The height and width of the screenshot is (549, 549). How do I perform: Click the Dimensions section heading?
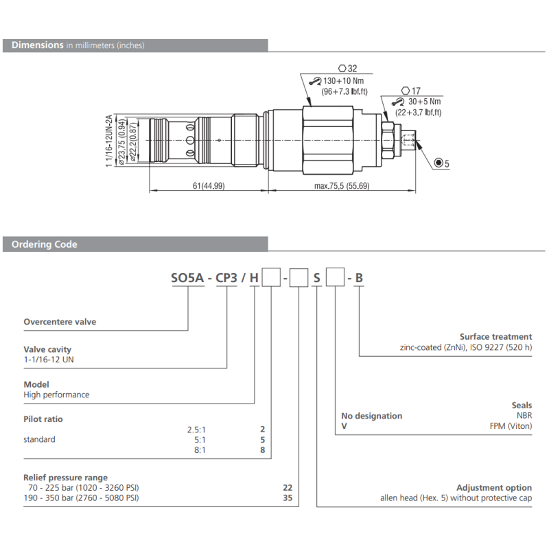coord(38,45)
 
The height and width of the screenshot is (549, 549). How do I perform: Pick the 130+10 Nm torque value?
coord(345,81)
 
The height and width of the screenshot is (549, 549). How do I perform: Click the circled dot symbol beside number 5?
coord(439,163)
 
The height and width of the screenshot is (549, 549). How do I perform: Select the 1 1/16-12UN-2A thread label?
coord(109,140)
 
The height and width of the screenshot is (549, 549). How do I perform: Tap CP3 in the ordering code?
coord(227,278)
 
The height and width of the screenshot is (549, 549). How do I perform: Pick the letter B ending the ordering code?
coord(359,278)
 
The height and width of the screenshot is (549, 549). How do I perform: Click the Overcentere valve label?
coord(60,322)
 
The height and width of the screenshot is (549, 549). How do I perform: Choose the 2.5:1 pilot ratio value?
coord(196,429)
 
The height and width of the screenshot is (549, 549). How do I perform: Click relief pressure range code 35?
coord(288,498)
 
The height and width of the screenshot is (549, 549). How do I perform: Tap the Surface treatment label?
coord(495,337)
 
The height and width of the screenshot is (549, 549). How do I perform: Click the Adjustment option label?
coord(494,487)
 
